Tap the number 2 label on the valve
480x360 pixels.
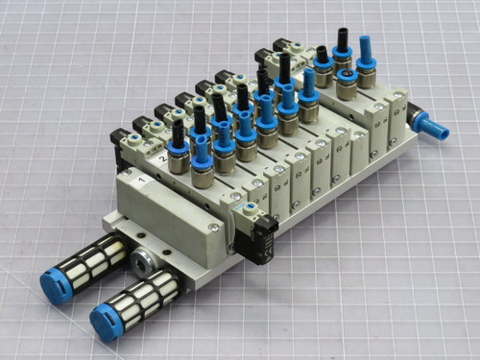pyautogui.click(x=164, y=154)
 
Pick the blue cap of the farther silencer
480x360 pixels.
pyautogui.click(x=55, y=286)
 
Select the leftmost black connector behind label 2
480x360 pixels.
pyautogui.click(x=122, y=140)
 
